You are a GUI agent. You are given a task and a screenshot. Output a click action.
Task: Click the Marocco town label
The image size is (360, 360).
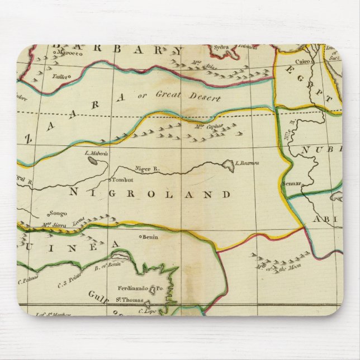click(65, 54)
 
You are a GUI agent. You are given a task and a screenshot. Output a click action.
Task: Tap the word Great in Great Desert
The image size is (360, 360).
click(167, 94)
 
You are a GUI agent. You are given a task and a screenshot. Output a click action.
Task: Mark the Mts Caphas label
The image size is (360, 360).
click(210, 126)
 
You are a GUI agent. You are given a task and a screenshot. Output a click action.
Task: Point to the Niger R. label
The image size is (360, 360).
click(148, 168)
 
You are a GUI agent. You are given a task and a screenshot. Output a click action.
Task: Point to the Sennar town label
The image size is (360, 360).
click(292, 183)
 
